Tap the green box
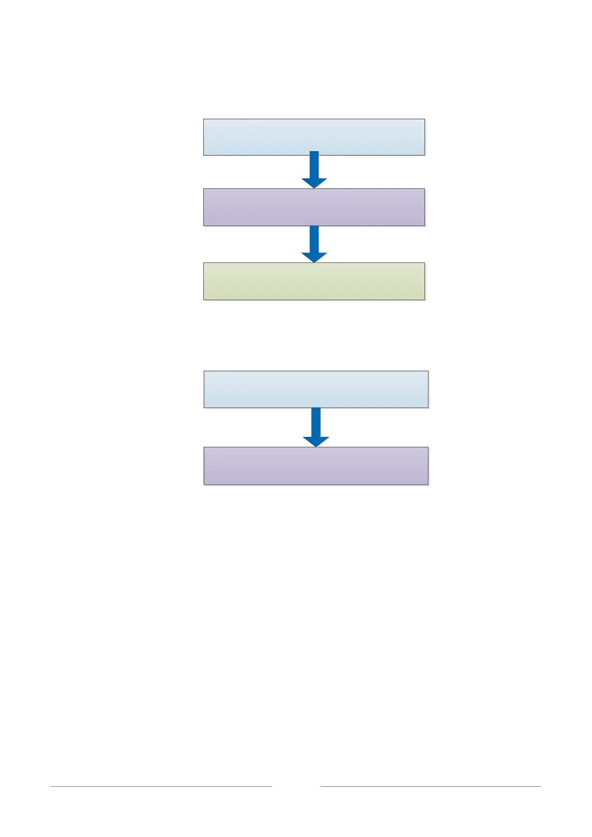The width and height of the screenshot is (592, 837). (314, 281)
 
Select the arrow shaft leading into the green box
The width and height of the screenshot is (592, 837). (314, 239)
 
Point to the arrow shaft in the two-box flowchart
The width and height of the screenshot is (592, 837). (316, 422)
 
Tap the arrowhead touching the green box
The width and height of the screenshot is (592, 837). (314, 257)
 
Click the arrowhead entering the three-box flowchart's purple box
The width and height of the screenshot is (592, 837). (314, 183)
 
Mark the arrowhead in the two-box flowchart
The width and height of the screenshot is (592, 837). (316, 441)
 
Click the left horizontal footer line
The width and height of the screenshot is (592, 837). (161, 786)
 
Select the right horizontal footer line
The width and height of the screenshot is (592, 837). (430, 786)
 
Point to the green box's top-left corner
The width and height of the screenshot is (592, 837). (204, 263)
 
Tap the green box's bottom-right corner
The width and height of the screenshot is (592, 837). (424, 300)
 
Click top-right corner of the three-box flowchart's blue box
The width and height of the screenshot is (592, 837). (424, 119)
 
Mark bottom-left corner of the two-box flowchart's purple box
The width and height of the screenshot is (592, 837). (204, 484)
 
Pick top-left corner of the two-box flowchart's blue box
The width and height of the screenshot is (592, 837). (204, 371)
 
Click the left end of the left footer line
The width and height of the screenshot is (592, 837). (51, 786)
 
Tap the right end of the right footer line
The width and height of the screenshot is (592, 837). (540, 786)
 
